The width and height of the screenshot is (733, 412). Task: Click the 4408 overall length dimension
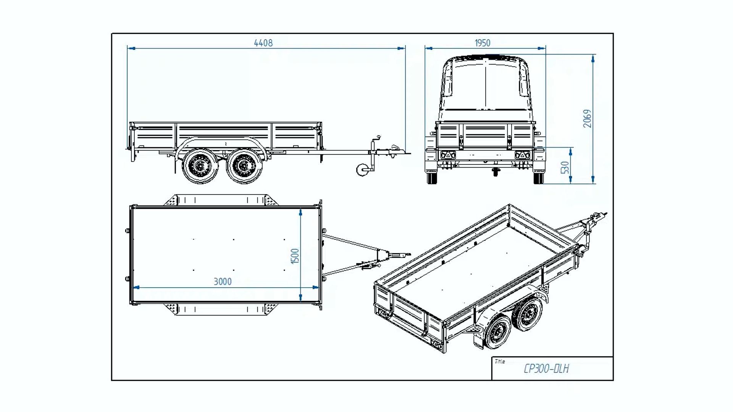click(x=263, y=43)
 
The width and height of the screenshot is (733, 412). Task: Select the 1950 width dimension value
click(x=482, y=43)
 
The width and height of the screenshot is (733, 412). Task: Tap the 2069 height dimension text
click(x=587, y=119)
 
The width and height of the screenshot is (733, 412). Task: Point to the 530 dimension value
click(x=565, y=167)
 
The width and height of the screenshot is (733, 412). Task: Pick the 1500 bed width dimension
click(x=295, y=256)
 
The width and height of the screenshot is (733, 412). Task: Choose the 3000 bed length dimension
click(x=223, y=282)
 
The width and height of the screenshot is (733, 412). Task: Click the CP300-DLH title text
click(x=546, y=369)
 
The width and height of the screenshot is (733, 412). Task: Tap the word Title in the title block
click(x=500, y=361)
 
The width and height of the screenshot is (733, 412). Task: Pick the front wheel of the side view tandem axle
click(x=244, y=166)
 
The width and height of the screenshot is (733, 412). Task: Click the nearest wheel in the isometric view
click(x=498, y=333)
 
